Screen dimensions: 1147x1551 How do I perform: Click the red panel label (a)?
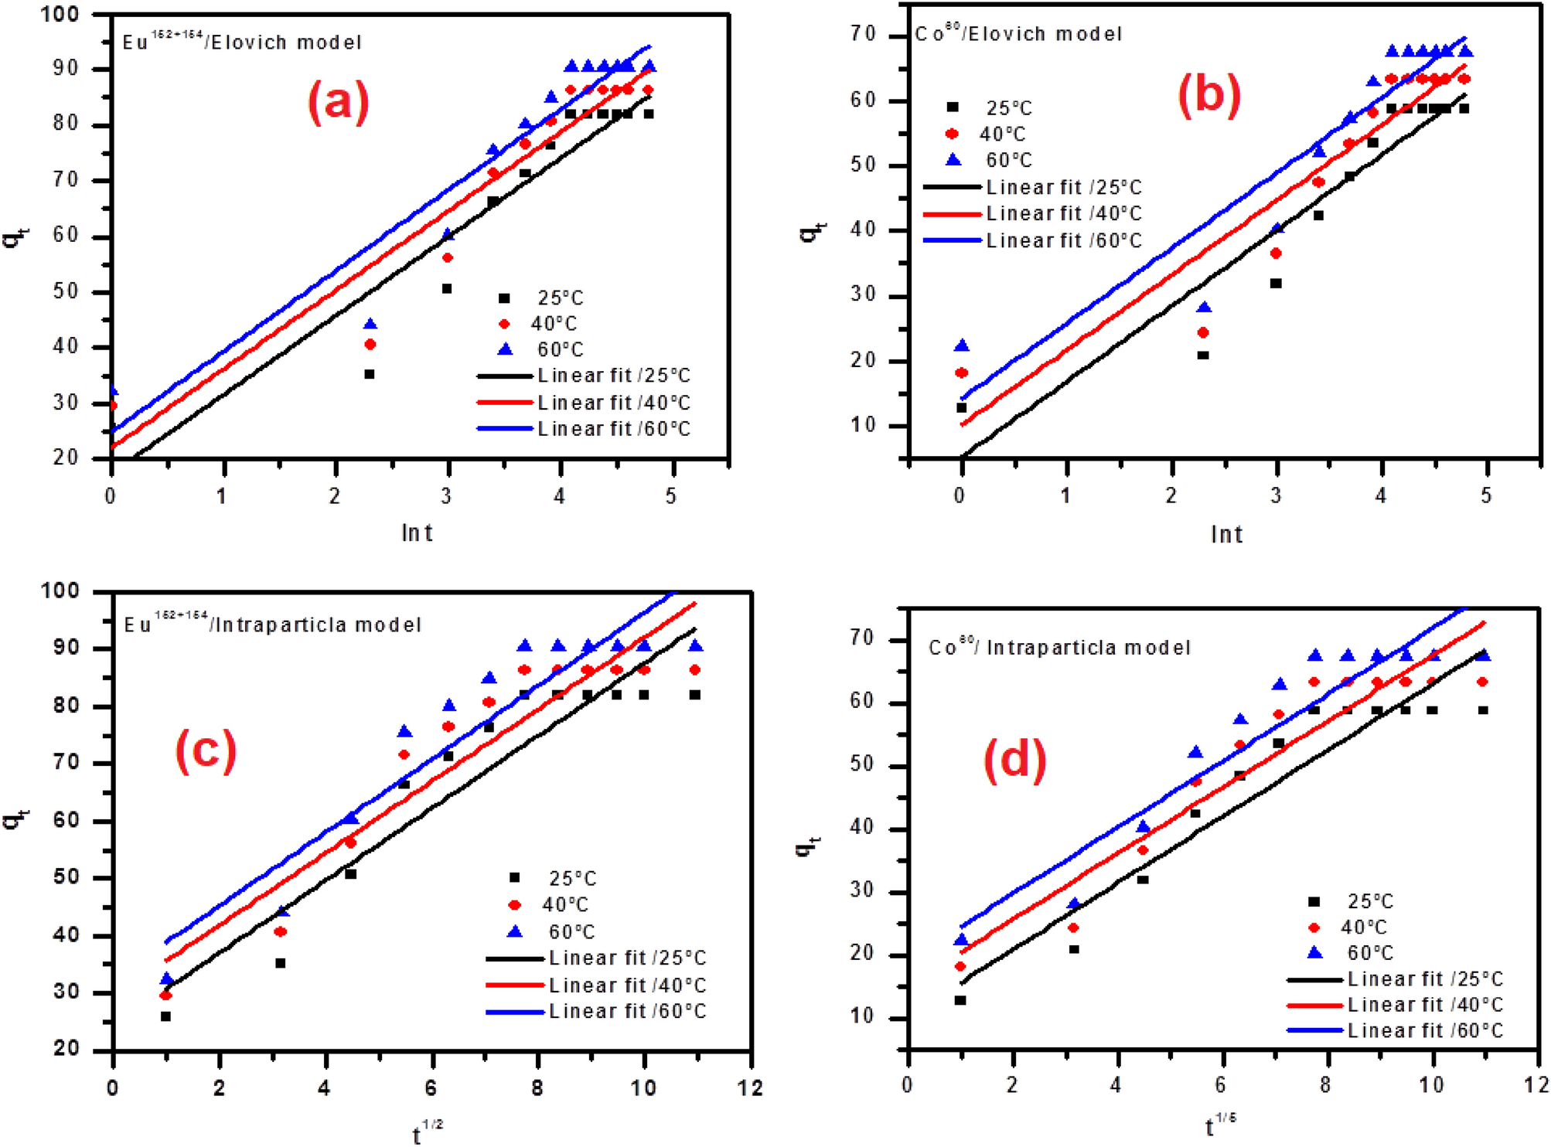[339, 101]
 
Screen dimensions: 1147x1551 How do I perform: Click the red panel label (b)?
[1208, 96]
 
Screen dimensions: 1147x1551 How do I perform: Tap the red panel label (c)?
[206, 750]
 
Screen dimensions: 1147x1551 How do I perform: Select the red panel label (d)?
[1014, 760]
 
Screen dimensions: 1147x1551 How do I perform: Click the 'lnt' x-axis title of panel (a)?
[417, 533]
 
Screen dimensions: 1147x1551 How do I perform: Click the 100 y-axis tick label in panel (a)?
[60, 14]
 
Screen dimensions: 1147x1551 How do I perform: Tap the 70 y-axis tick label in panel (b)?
[864, 34]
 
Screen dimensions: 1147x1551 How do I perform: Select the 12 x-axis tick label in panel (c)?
[749, 1088]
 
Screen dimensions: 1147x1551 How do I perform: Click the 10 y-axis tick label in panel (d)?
[861, 1016]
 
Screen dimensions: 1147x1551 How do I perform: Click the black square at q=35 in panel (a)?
[370, 374]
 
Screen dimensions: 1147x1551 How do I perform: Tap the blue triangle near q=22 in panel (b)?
[962, 345]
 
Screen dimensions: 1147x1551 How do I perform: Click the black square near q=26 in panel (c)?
[165, 1016]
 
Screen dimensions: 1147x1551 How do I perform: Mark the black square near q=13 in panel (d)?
[960, 1000]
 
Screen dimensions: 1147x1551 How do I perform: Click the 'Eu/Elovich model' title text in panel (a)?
[242, 42]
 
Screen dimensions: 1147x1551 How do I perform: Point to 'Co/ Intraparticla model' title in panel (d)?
[1059, 647]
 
